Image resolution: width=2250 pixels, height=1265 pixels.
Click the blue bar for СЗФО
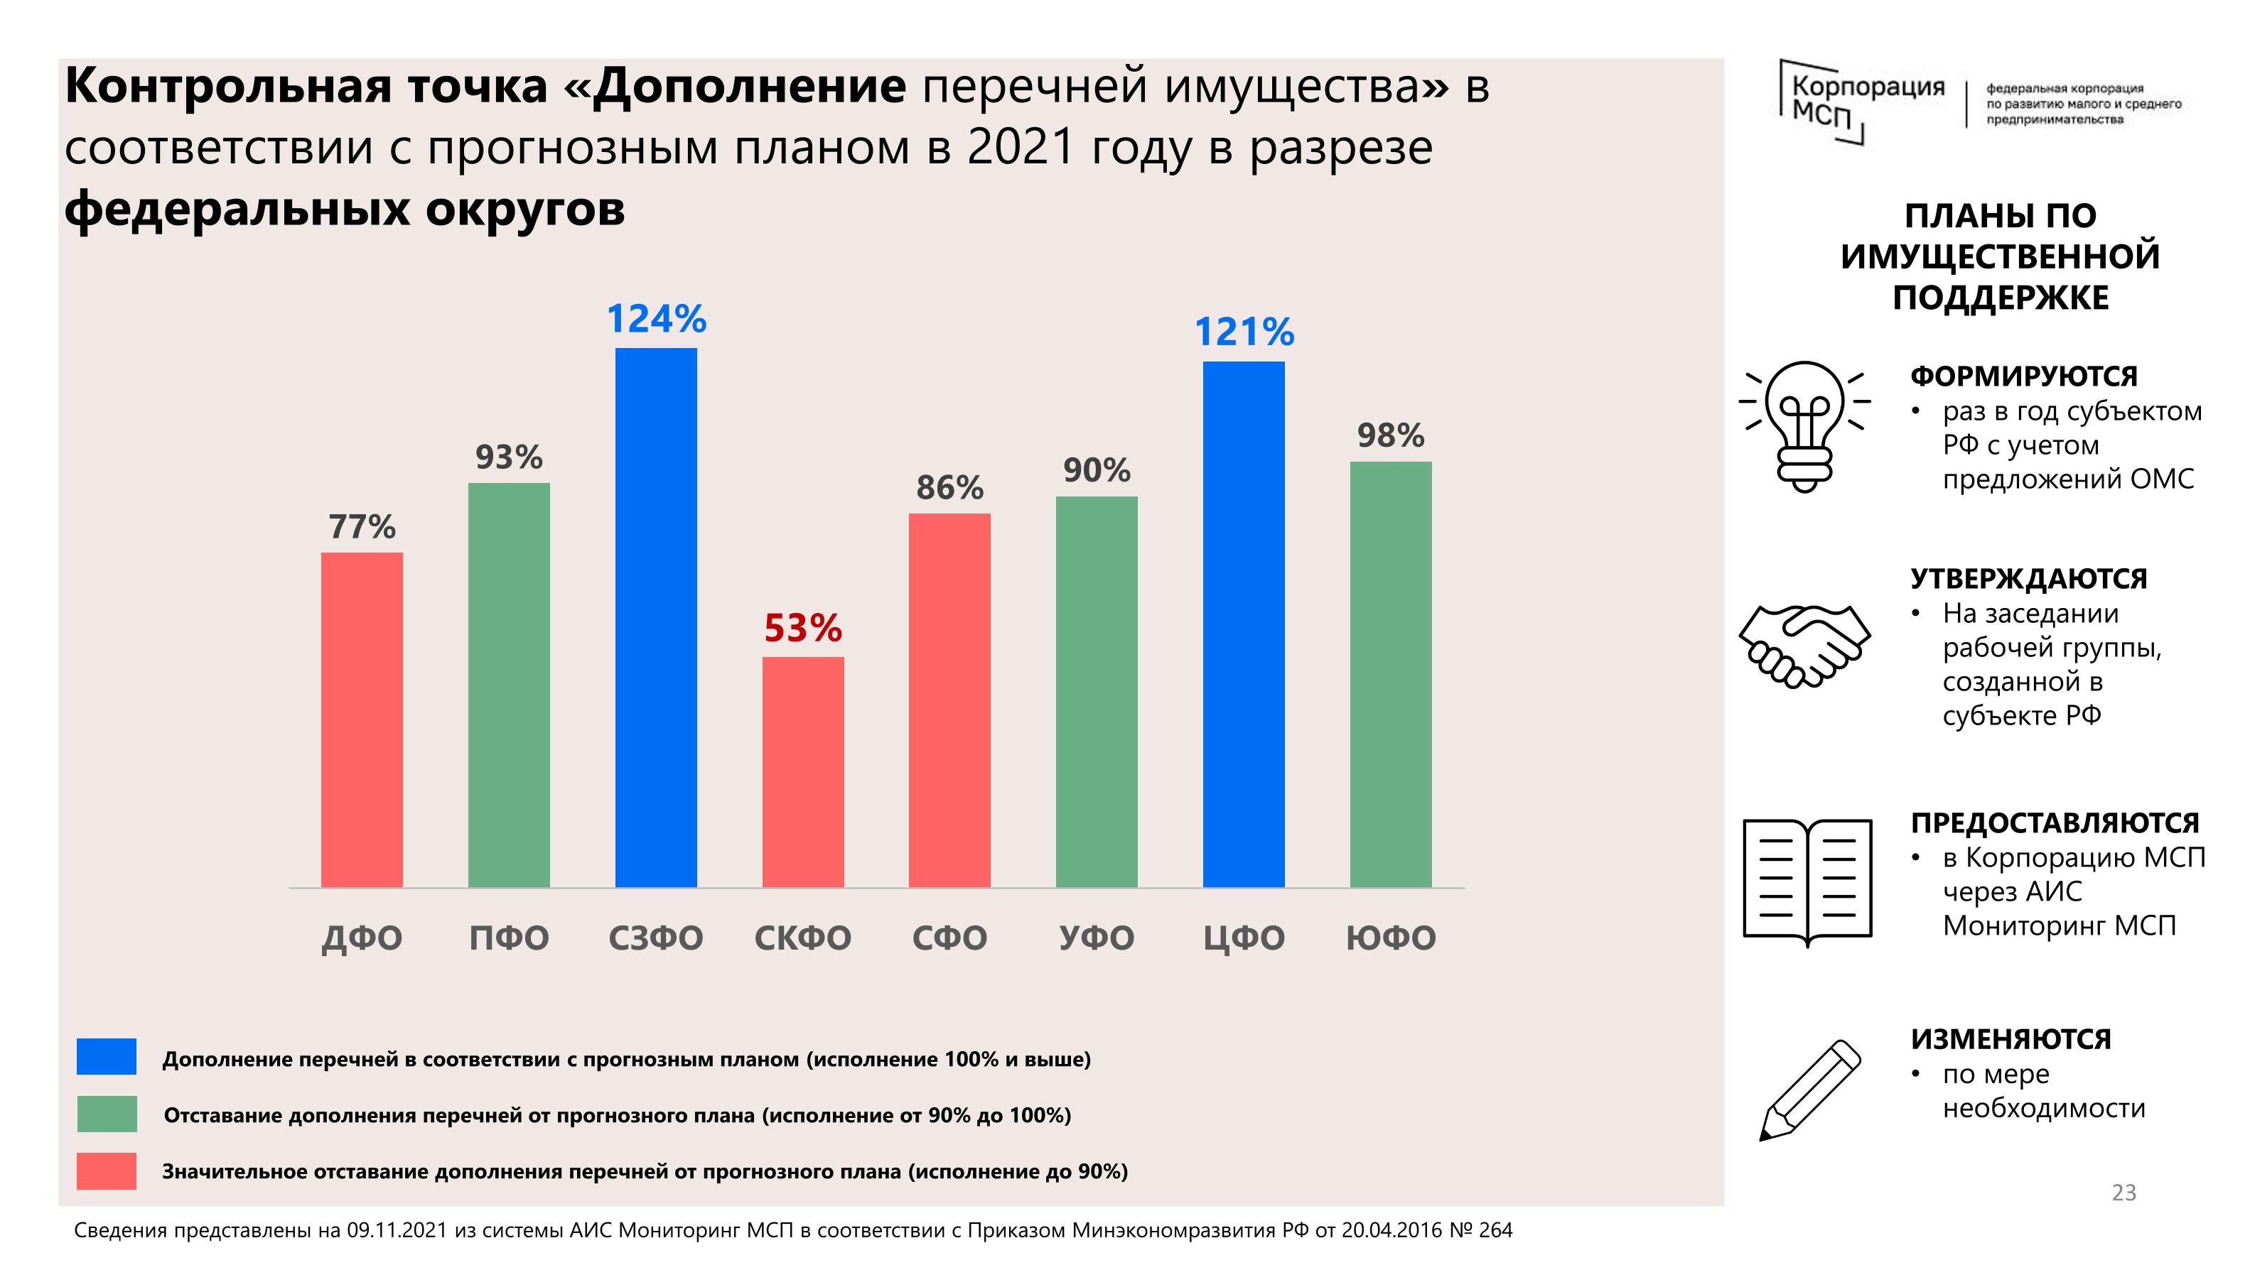pyautogui.click(x=656, y=617)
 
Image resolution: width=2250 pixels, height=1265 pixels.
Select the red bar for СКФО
pyautogui.click(x=802, y=772)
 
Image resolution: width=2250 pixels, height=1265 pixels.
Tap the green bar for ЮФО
pyautogui.click(x=1391, y=674)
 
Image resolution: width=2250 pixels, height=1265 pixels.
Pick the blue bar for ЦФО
pyautogui.click(x=1244, y=624)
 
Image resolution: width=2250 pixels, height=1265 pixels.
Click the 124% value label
pyautogui.click(x=656, y=319)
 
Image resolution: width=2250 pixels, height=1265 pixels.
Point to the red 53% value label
pyautogui.click(x=802, y=628)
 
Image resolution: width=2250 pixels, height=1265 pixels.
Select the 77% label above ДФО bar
pyautogui.click(x=362, y=526)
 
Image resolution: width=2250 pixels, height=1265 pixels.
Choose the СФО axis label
pyautogui.click(x=949, y=938)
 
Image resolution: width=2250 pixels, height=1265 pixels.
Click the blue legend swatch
pyautogui.click(x=107, y=1056)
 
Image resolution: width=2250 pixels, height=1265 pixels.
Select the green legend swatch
pyautogui.click(x=107, y=1114)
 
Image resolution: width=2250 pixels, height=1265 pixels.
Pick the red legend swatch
pyautogui.click(x=107, y=1171)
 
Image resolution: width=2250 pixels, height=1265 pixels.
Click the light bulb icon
pyautogui.click(x=1804, y=426)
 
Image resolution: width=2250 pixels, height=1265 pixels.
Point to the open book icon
pyautogui.click(x=1807, y=880)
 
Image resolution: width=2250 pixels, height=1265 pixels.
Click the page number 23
pyautogui.click(x=2123, y=1193)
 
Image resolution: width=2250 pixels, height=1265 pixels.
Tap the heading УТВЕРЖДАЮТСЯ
pyautogui.click(x=2028, y=579)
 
